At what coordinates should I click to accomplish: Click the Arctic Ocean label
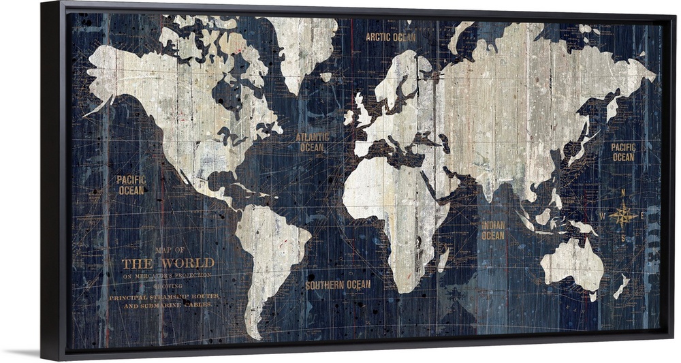tap(390, 37)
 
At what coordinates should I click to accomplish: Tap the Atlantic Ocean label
tap(312, 142)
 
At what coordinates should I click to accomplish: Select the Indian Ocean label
tap(493, 230)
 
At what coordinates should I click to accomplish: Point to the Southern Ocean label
tap(338, 285)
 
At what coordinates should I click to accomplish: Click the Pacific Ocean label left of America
tap(131, 185)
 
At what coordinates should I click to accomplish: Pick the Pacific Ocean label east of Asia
tap(623, 152)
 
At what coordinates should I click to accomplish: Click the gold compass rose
tap(622, 216)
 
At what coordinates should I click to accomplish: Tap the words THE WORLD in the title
tap(168, 263)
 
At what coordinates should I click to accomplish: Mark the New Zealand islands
tap(621, 286)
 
